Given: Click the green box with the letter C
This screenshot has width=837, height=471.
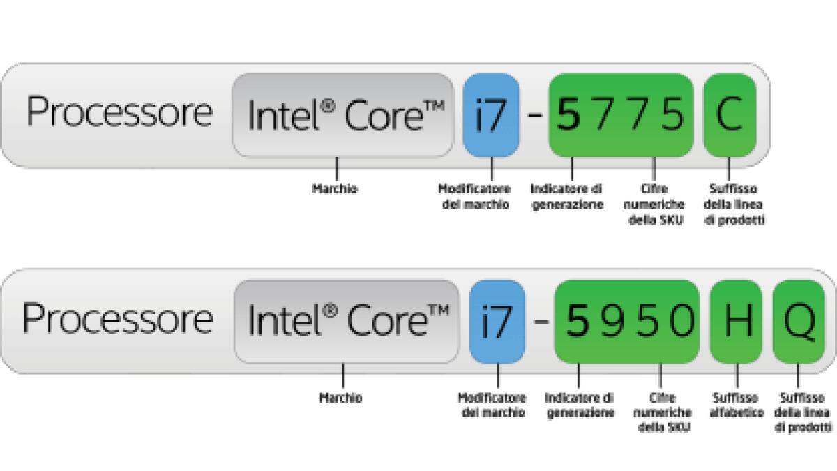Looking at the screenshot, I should pyautogui.click(x=729, y=115).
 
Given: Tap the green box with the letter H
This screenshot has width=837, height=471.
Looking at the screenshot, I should pyautogui.click(x=736, y=321).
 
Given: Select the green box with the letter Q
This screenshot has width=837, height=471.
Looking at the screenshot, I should pyautogui.click(x=799, y=321).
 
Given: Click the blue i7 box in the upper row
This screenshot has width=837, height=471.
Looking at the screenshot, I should pyautogui.click(x=491, y=115).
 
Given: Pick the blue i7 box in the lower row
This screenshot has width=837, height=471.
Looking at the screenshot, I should pyautogui.click(x=497, y=321).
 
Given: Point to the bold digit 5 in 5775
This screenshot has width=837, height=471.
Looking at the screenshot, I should pyautogui.click(x=571, y=115).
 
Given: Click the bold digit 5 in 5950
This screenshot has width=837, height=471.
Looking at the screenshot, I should pyautogui.click(x=578, y=321).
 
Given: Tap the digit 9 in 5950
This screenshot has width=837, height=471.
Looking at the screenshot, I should pyautogui.click(x=611, y=321).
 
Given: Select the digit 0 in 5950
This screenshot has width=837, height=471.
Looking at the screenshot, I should pyautogui.click(x=679, y=321).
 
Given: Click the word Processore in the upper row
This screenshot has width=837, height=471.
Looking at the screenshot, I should pyautogui.click(x=119, y=113).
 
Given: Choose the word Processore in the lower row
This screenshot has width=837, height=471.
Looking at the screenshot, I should pyautogui.click(x=118, y=319).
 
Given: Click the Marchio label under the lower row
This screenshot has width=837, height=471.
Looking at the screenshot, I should pyautogui.click(x=340, y=398).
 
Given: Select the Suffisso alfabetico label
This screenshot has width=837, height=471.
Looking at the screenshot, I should pyautogui.click(x=737, y=405).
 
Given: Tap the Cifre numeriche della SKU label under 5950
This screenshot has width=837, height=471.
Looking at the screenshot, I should pyautogui.click(x=663, y=412).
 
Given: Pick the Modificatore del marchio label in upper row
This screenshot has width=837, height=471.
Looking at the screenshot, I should pyautogui.click(x=474, y=197).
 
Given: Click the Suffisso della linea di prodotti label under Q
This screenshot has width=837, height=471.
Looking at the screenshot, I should pyautogui.click(x=802, y=412).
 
